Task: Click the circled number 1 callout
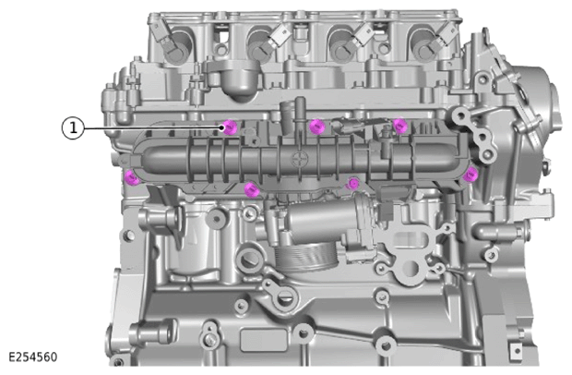[73, 128]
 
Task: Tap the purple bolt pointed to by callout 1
[230, 127]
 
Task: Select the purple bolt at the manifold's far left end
[131, 177]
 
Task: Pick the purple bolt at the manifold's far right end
[471, 175]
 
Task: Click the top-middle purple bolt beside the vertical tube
[316, 127]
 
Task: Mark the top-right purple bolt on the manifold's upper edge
[400, 126]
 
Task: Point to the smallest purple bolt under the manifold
[352, 183]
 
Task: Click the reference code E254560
[33, 357]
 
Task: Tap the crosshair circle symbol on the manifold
[299, 159]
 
